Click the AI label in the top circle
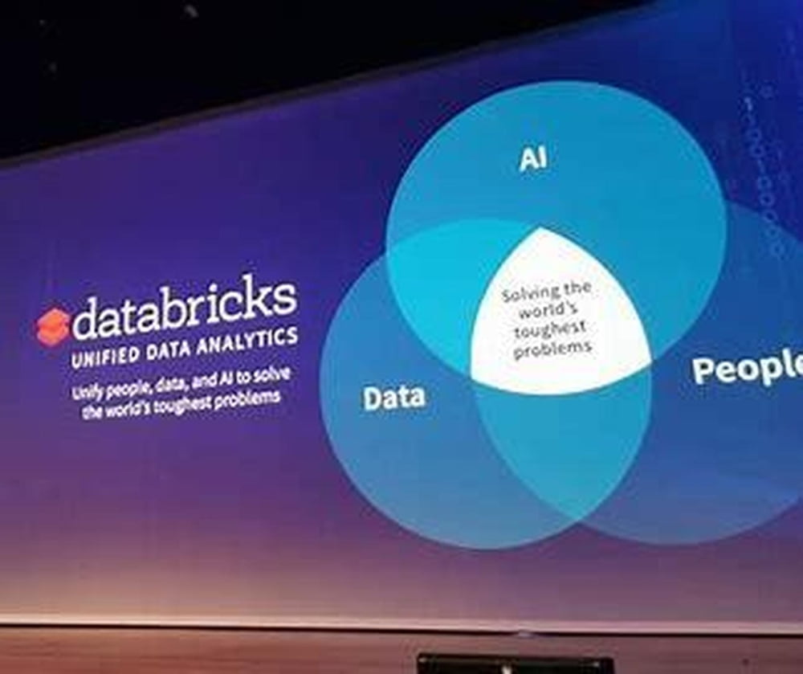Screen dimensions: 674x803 (533, 158)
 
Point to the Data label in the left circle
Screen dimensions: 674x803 (393, 398)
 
